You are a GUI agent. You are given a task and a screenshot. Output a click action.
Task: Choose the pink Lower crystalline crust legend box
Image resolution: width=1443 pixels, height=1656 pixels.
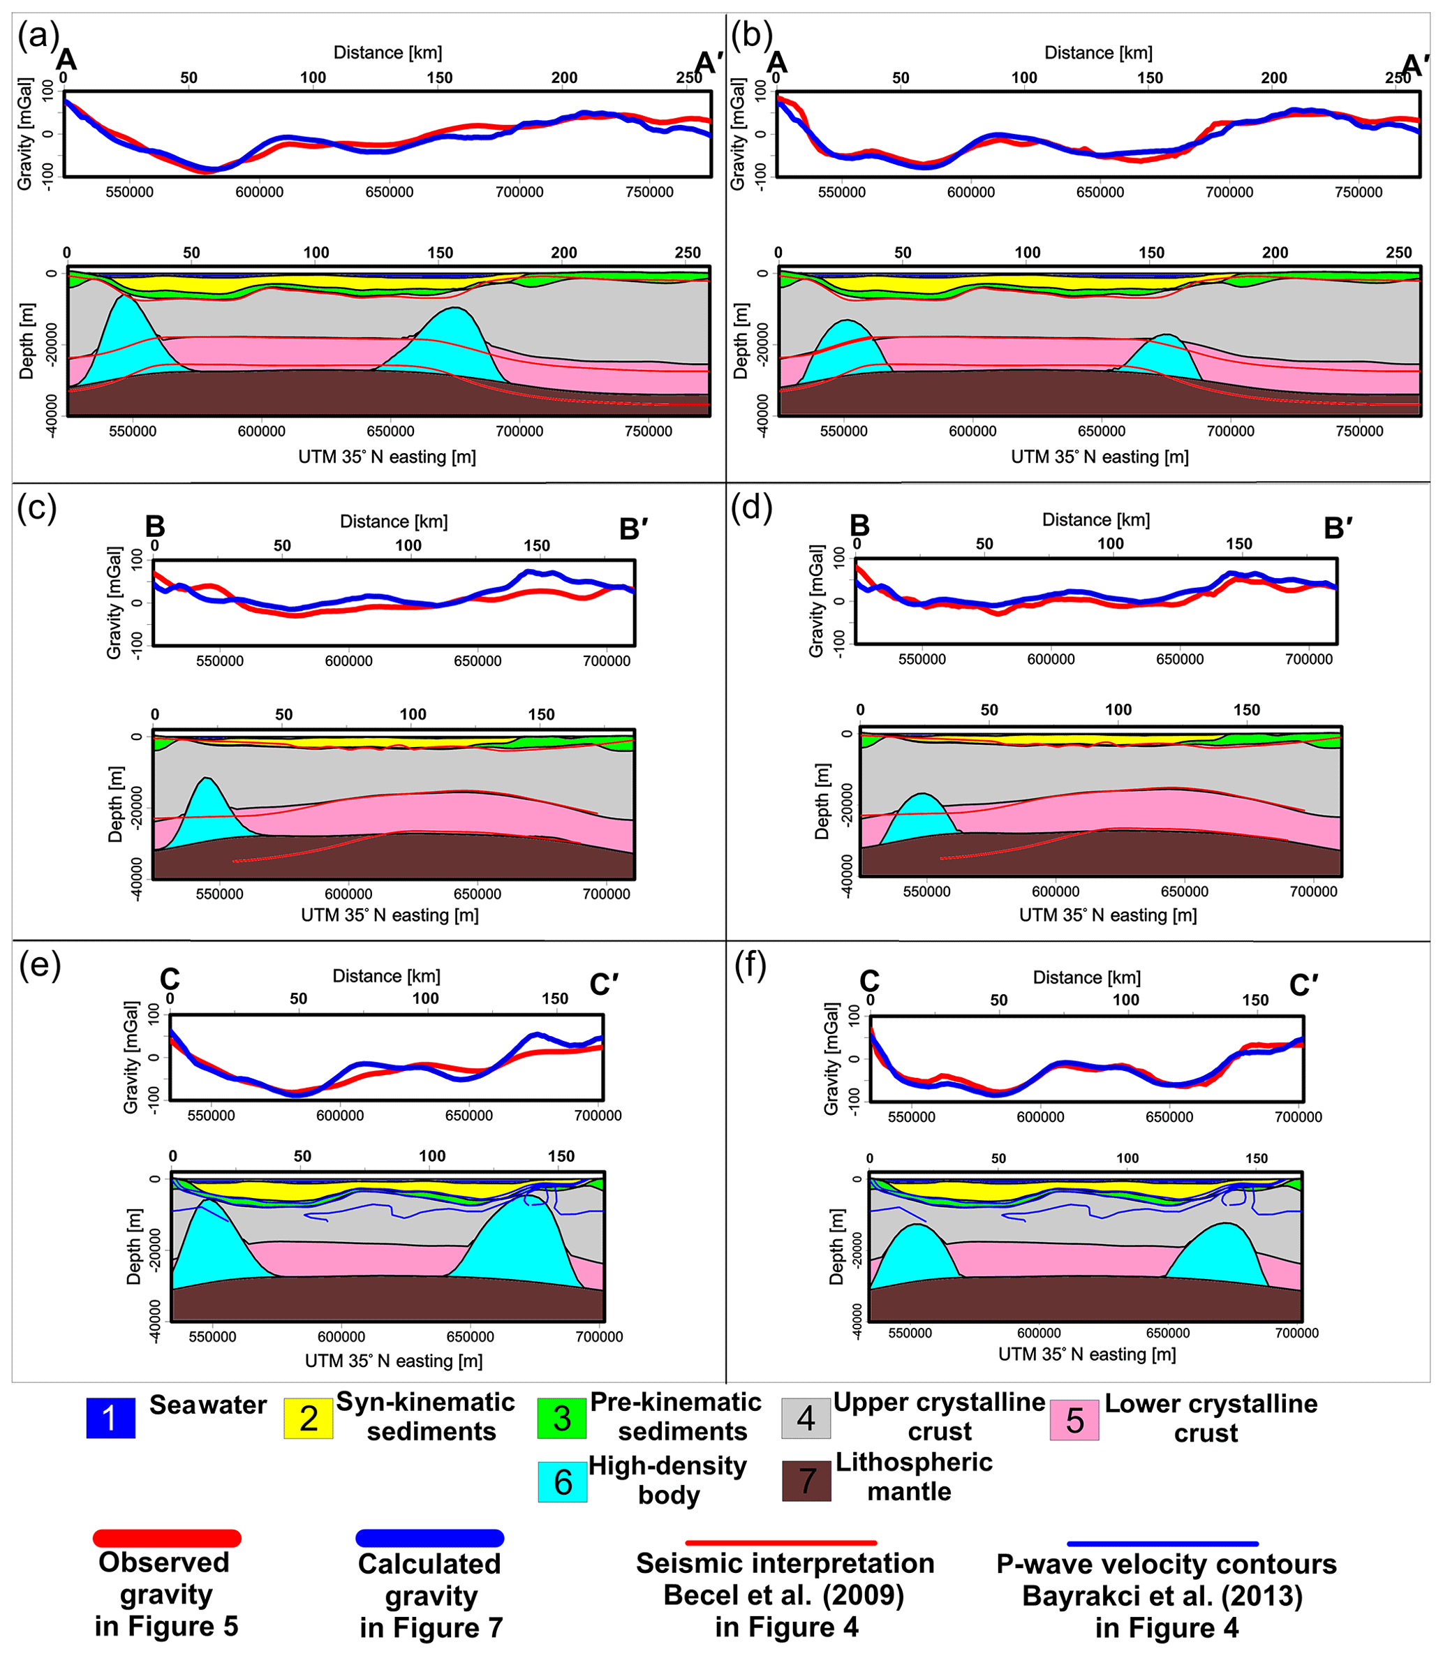click(1074, 1420)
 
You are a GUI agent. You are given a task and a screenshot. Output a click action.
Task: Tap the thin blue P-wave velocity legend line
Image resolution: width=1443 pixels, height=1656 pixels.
click(1162, 1543)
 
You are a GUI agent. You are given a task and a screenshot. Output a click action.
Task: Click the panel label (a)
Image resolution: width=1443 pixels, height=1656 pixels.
click(38, 36)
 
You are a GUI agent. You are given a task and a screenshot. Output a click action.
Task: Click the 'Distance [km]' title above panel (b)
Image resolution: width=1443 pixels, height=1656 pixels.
click(1098, 53)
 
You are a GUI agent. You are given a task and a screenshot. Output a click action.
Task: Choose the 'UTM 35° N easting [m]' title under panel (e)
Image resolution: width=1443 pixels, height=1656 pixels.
click(394, 1361)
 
